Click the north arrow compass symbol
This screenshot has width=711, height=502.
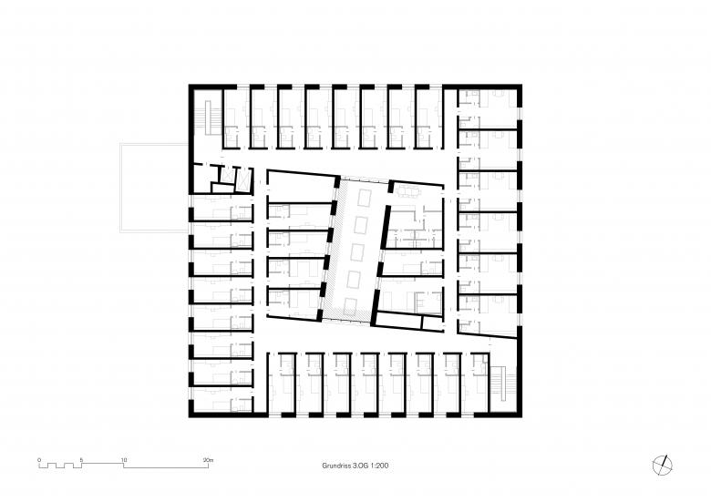pos(663,466)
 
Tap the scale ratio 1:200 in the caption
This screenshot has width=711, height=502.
pos(379,466)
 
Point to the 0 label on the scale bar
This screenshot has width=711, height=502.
pos(39,460)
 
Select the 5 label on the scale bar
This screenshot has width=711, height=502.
pos(81,460)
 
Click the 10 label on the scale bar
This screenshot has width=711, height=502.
pos(124,460)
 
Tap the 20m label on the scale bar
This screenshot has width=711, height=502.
pos(208,460)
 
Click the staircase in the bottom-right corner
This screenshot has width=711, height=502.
pos(503,383)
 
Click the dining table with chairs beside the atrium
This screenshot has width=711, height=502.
pos(408,192)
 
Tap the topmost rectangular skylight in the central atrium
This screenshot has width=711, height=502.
pos(365,198)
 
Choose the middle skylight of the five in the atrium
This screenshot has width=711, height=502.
pos(358,253)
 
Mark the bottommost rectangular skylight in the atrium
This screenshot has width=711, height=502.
pos(351,308)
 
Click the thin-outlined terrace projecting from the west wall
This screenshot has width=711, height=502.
pos(154,188)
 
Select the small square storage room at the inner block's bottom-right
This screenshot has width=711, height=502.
pos(432,323)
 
